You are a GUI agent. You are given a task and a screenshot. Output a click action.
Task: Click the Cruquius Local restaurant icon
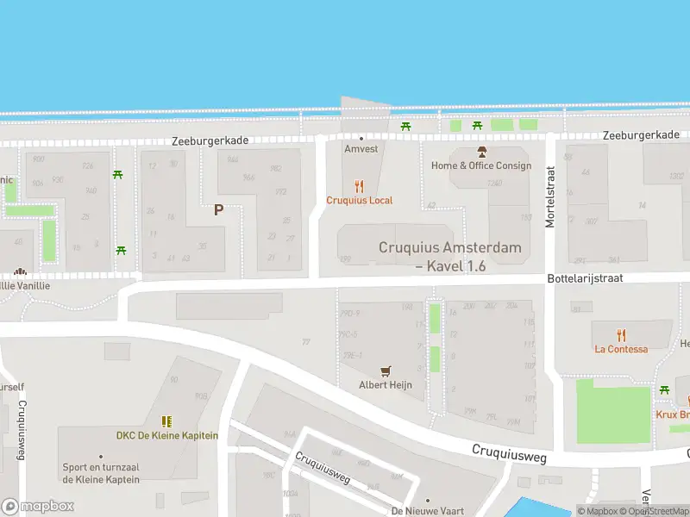(360, 186)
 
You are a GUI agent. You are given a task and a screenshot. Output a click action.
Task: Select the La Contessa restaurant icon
(621, 335)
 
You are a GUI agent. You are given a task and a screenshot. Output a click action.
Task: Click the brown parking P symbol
(218, 209)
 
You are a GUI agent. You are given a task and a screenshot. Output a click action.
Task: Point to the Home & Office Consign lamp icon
(481, 152)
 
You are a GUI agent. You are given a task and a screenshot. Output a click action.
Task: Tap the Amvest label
(361, 149)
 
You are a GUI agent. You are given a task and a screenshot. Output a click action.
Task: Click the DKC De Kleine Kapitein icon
(166, 421)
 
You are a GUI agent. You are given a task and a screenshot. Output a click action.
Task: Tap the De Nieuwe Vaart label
(427, 511)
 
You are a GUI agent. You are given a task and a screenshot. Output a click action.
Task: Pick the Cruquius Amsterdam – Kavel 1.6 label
(450, 257)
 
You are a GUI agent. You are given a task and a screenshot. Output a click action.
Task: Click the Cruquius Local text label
(360, 201)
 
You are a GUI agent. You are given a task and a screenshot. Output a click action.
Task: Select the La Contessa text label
(621, 349)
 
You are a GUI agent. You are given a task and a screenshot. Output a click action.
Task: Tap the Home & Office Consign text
(481, 165)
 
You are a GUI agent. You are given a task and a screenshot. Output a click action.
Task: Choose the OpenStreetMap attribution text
(655, 512)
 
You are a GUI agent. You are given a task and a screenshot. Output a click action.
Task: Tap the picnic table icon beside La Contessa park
(664, 390)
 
